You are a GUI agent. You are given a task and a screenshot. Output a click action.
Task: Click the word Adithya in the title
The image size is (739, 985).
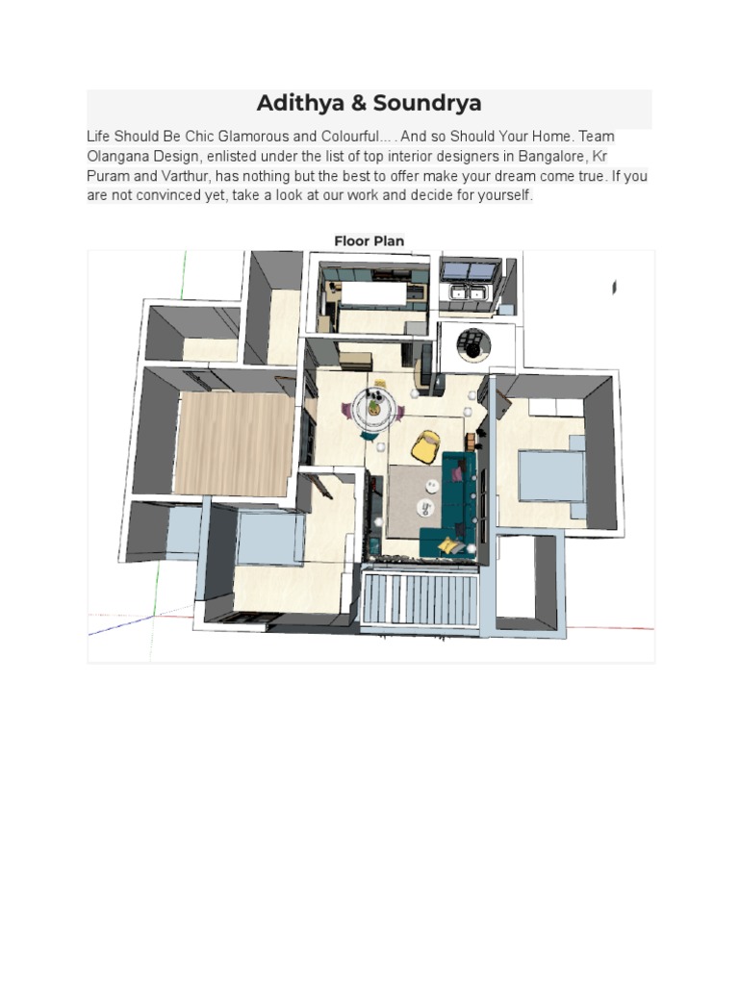[x=300, y=104]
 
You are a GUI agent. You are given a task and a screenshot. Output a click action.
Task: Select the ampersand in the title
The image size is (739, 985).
[x=358, y=103]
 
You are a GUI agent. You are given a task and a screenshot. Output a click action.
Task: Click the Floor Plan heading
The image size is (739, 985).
[x=369, y=240]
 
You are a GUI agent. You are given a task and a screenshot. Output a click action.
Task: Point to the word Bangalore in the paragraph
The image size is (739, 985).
[x=551, y=156]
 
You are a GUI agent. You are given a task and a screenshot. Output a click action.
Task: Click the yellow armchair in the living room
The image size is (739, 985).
[x=425, y=447]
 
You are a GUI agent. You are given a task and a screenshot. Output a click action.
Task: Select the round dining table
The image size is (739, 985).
[x=374, y=407]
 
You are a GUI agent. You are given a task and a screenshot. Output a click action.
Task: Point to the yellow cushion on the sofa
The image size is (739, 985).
[x=448, y=545]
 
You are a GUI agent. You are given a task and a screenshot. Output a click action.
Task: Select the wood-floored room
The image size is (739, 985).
[x=234, y=442]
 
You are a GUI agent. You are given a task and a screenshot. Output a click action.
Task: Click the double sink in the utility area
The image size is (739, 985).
[x=467, y=292]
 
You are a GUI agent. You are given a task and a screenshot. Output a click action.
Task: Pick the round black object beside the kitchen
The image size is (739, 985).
[x=473, y=345]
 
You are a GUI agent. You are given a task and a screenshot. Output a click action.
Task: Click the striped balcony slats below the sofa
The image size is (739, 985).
[x=420, y=598]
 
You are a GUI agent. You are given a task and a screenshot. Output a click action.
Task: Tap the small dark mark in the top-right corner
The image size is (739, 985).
[x=614, y=287]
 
